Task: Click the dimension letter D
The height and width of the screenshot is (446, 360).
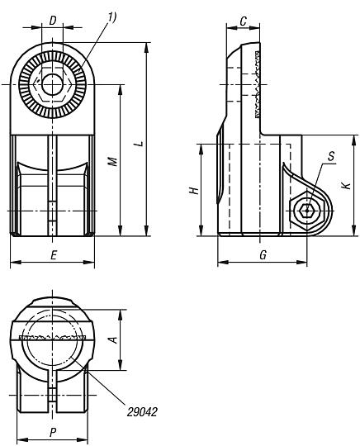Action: pos(54,19)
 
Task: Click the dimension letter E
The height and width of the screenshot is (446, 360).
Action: pos(54,256)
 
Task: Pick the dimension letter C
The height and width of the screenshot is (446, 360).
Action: pos(244,19)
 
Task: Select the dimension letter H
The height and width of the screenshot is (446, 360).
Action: pos(193,190)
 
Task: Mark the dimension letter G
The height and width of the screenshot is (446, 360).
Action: pos(262,255)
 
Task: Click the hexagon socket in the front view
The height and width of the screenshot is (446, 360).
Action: pos(54,84)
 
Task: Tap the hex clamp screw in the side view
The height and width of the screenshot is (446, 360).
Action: pos(308,211)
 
